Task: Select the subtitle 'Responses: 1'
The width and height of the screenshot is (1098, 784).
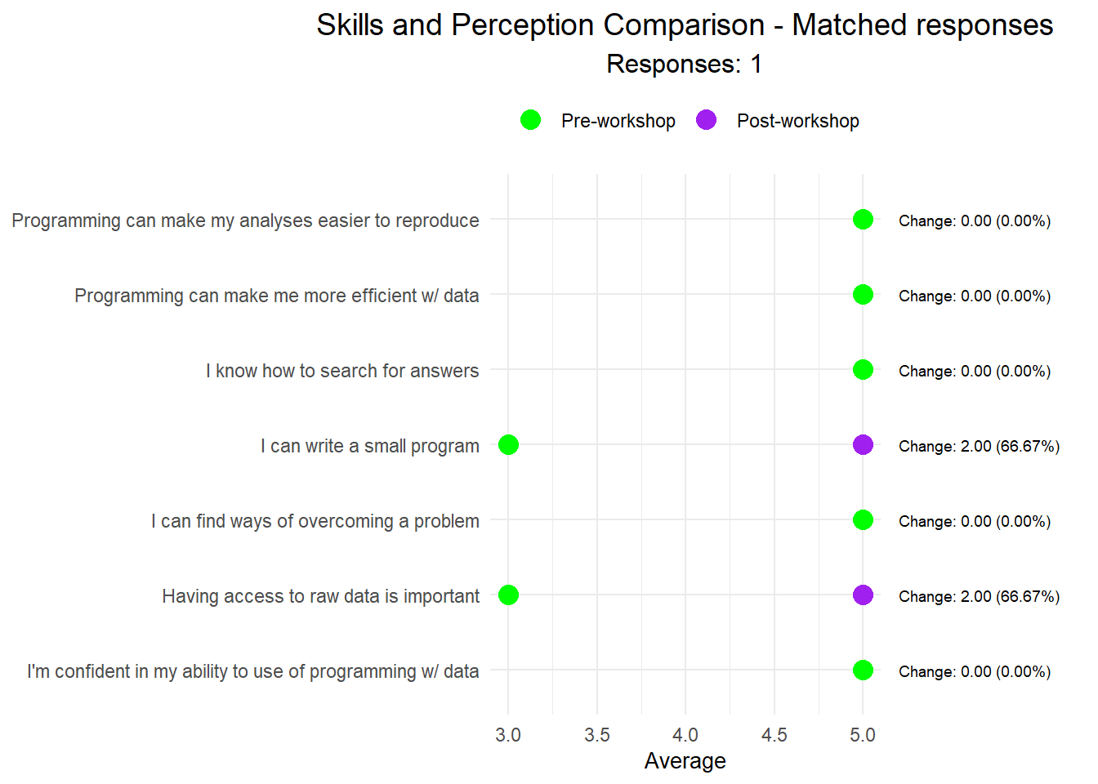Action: point(685,64)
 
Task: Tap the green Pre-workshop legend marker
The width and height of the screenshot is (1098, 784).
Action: point(530,120)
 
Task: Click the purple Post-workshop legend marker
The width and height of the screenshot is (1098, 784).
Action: point(706,120)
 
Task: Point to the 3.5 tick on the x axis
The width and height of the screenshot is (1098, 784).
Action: point(597,735)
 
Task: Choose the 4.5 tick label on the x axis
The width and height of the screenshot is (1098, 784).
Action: point(774,735)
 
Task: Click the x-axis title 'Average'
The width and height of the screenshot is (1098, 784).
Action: point(685,761)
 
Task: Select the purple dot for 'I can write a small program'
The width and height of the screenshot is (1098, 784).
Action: point(863,445)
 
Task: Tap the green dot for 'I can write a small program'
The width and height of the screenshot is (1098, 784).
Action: point(508,445)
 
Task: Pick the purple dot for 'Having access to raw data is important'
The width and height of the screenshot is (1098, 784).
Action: point(863,595)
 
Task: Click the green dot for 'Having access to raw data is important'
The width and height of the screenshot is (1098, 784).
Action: point(508,595)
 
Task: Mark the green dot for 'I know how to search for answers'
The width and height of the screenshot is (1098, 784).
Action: point(863,370)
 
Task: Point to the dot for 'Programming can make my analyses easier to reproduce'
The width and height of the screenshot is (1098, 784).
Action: point(863,220)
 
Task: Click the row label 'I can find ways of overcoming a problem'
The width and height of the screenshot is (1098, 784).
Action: point(315,521)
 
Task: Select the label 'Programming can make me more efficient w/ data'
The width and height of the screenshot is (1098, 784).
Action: point(276,296)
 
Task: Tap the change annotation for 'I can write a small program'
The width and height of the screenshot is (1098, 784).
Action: point(979,446)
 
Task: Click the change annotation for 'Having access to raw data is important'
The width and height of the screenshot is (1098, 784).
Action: point(979,596)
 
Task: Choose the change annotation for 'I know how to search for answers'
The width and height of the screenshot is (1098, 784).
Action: point(975,371)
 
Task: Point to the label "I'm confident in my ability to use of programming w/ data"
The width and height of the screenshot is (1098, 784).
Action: point(252,671)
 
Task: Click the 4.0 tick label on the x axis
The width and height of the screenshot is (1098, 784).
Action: point(685,735)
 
